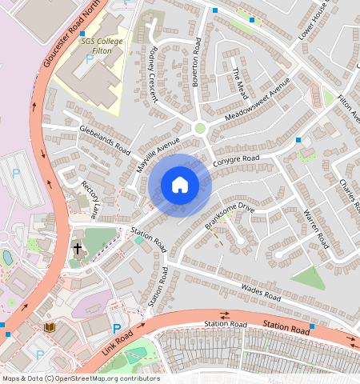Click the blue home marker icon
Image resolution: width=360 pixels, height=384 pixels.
click(180, 186)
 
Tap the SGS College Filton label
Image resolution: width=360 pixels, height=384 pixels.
click(105, 46)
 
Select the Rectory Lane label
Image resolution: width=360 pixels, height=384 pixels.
click(89, 199)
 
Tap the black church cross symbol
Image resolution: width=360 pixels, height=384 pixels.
click(78, 249)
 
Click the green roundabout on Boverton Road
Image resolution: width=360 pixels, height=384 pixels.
click(200, 127)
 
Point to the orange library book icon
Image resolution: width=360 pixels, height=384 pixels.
click(50, 327)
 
